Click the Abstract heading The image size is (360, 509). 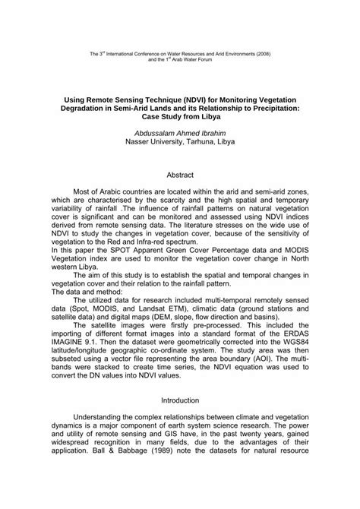click(x=179, y=173)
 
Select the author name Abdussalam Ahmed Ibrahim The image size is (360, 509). click(x=179, y=132)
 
